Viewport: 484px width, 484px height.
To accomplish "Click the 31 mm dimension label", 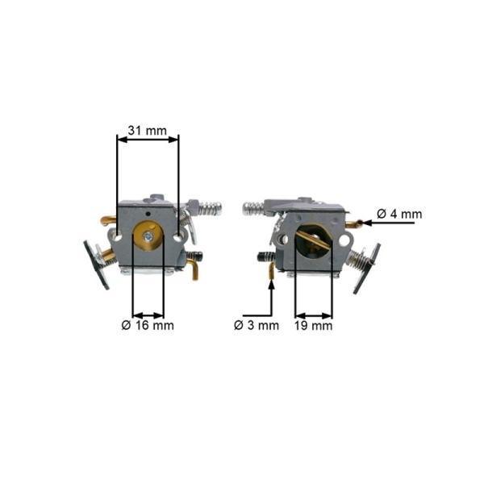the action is click(148, 131).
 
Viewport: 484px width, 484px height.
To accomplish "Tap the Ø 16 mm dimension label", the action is click(148, 325).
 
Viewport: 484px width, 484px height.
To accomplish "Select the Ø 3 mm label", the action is click(257, 325).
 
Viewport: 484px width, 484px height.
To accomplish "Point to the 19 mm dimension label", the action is click(313, 326).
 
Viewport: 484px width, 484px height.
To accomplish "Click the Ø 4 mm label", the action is click(399, 214).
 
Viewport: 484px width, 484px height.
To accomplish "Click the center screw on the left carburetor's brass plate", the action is click(148, 236).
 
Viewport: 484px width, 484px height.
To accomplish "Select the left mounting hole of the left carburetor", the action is click(118, 238).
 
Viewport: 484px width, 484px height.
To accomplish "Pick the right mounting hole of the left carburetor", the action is click(178, 238).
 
